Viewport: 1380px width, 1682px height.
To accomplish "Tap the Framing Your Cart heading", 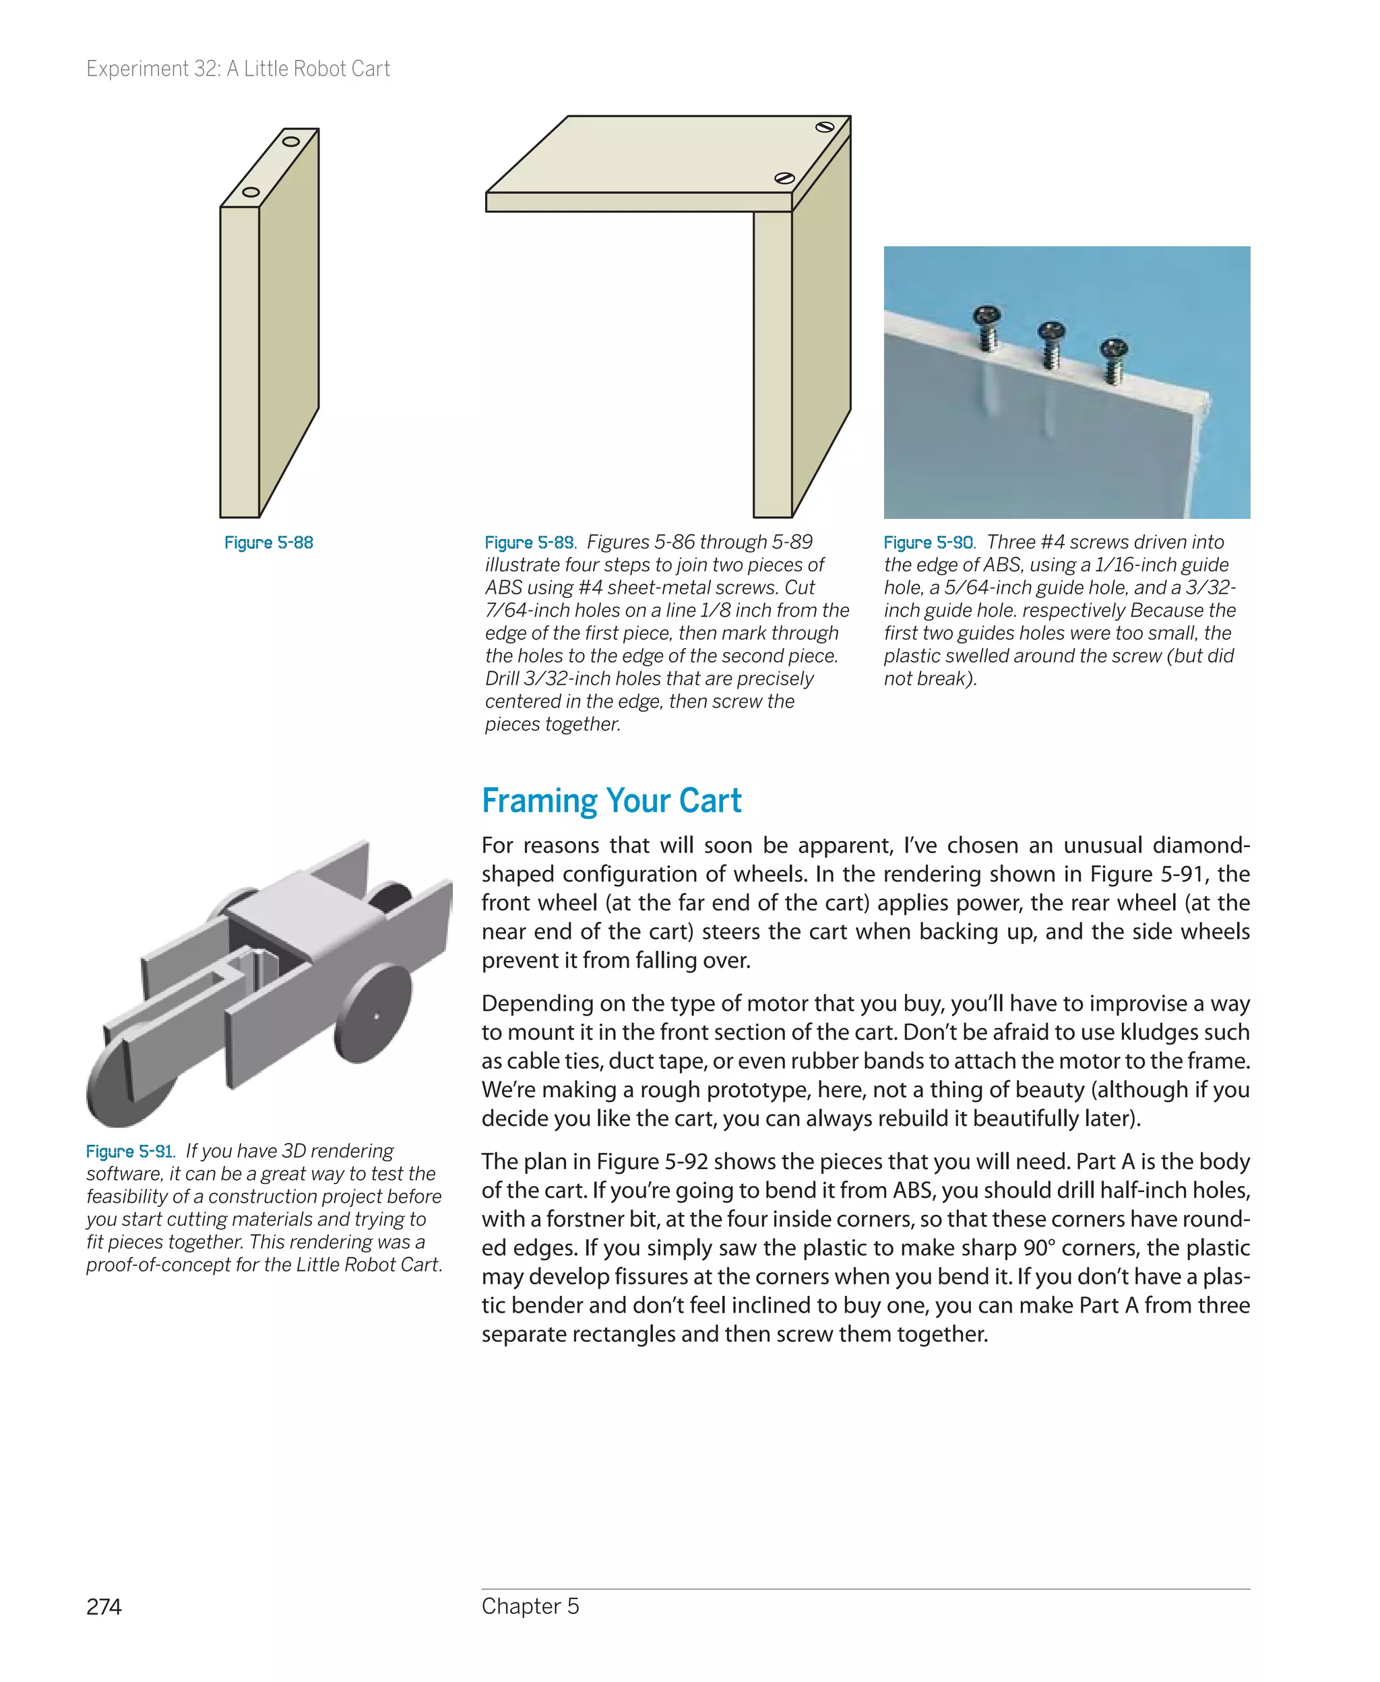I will (x=610, y=801).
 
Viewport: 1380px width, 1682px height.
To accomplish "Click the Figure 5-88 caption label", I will (x=269, y=543).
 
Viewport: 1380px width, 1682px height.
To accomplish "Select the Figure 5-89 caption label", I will (x=530, y=543).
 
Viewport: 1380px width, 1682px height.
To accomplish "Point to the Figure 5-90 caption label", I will (x=929, y=543).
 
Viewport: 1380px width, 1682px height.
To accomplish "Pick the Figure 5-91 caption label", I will (x=129, y=1152).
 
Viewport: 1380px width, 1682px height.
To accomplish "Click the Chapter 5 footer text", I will (x=530, y=1606).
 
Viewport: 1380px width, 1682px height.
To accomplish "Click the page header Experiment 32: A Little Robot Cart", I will (x=238, y=69).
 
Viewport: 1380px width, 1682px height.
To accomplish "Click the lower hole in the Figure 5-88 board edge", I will (x=251, y=192).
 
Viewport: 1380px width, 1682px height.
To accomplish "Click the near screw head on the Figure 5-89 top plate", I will (x=784, y=178).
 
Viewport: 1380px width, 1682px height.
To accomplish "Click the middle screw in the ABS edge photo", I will (x=1051, y=340).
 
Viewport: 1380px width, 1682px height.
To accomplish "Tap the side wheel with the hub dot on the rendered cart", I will (x=373, y=1014).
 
